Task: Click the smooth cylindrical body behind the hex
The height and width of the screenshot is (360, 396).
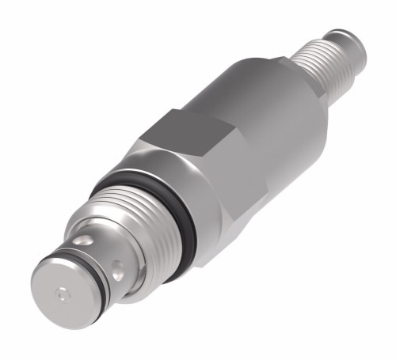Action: coord(273,119)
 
